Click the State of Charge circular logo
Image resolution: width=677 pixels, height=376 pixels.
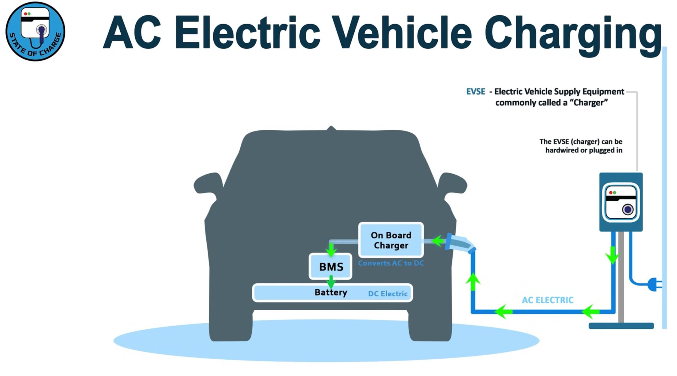35,31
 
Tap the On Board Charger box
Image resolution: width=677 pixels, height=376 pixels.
391,240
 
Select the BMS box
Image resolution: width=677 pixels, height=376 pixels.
331,266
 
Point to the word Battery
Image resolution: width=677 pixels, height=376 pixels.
331,292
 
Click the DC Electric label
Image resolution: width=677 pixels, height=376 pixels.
388,293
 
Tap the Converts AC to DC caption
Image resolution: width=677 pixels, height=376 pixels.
391,263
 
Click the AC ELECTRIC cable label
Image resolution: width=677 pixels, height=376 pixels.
548,300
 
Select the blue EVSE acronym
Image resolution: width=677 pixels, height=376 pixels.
476,92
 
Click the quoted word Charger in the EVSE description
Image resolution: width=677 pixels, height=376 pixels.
590,102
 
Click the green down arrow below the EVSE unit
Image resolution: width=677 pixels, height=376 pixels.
613,255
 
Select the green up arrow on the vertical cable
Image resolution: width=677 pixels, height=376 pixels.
473,282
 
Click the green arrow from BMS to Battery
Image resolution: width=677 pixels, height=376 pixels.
331,282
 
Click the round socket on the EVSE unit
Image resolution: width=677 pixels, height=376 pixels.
628,210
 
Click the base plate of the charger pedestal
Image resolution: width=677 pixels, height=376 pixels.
621,326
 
